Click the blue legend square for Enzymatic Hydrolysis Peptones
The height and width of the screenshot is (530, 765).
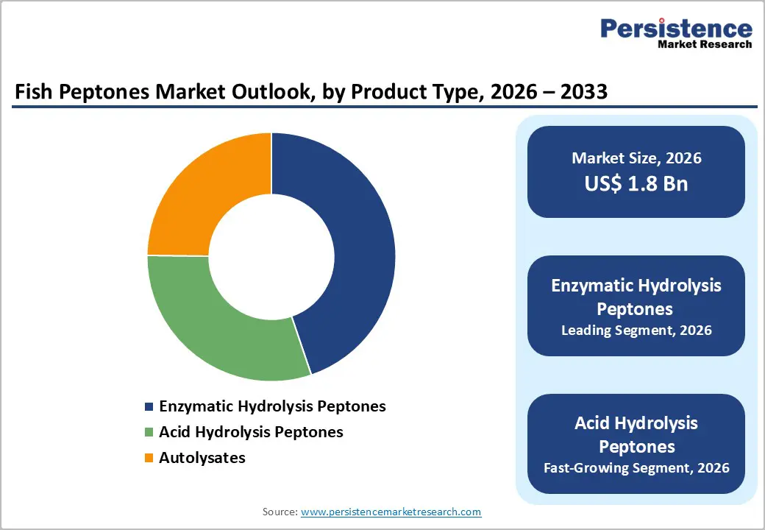tap(149, 407)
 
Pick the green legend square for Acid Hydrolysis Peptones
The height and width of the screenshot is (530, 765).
tap(149, 433)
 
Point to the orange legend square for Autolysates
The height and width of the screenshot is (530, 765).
tap(149, 459)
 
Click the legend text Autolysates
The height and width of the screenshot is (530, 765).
tap(202, 458)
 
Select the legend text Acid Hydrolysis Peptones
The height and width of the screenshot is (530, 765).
tap(251, 432)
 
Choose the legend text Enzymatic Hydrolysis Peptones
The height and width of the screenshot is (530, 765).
tap(272, 406)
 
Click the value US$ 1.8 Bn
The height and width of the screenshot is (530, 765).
tap(636, 183)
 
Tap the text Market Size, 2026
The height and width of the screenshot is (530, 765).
tap(636, 158)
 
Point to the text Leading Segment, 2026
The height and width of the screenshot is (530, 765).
tap(636, 331)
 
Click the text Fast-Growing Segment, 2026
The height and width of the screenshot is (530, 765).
tap(636, 467)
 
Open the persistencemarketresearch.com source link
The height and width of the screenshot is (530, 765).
tap(391, 512)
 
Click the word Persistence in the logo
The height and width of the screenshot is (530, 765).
tap(676, 29)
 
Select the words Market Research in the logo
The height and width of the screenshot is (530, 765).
tap(704, 44)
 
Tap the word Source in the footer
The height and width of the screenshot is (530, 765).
tap(279, 512)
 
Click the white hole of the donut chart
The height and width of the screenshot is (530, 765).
tap(271, 256)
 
